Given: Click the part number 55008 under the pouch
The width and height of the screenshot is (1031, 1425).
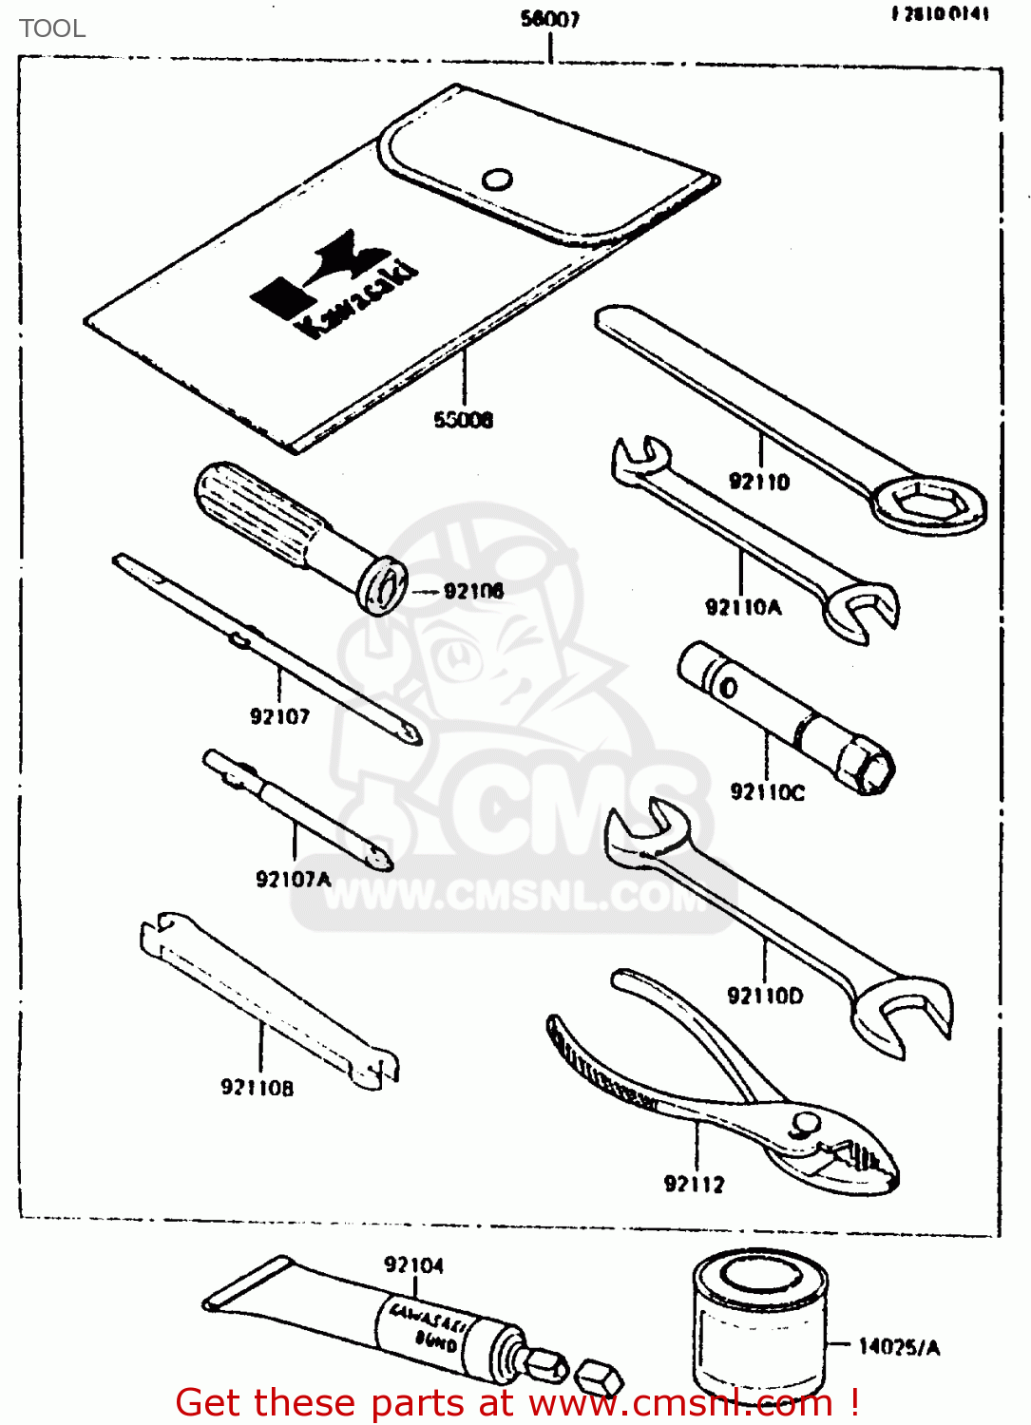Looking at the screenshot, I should pos(464,419).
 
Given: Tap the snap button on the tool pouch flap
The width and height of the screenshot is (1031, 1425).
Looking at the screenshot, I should pos(497,179).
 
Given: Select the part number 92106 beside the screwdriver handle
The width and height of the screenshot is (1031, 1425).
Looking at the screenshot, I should pos(473,591).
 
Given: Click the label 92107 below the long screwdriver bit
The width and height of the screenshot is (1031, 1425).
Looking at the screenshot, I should pos(279,716).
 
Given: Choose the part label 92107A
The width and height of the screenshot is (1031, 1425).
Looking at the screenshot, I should pos(294,879).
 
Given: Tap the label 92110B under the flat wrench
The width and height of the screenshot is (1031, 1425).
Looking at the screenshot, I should pos(258,1087).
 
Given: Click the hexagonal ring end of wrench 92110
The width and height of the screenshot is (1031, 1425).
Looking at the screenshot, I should pos(928,503).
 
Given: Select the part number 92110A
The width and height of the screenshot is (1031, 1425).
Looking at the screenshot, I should pos(743,607).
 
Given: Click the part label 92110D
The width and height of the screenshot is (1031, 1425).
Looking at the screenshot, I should pos(765,996).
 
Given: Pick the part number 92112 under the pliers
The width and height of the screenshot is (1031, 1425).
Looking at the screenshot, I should pos(694,1184).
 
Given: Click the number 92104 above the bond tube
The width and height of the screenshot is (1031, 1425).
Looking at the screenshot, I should pos(413,1264).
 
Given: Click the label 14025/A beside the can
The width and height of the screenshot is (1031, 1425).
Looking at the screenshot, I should pos(899,1346).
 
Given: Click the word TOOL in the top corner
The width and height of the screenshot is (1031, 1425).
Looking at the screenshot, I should pos(52,28).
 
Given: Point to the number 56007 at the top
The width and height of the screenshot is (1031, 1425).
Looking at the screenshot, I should pos(550,19).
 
